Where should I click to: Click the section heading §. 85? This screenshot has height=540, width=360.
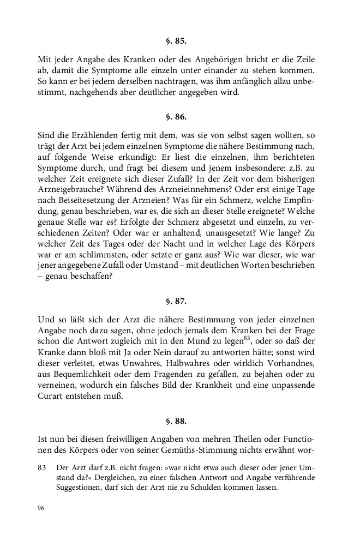point(179,40)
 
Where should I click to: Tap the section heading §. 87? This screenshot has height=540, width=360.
point(179,300)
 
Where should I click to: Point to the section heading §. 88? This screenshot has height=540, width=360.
point(179,421)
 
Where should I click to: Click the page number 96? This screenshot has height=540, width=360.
point(41,508)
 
